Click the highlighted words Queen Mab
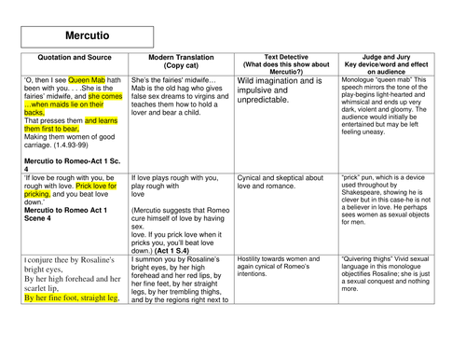tap(97, 80)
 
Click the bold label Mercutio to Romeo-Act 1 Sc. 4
tap(70, 163)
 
